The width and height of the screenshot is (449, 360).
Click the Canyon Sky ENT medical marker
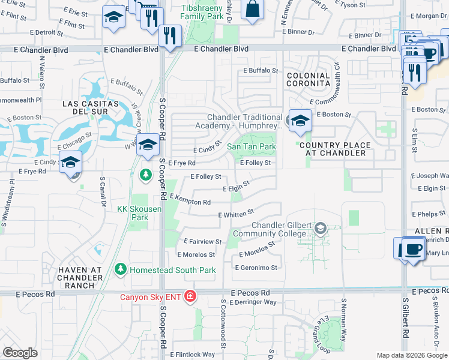pos(190,296)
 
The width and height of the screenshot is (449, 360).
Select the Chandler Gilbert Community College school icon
pos(321,228)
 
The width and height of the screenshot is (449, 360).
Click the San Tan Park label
pos(252,146)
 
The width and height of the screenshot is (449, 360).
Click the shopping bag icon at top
pos(252,9)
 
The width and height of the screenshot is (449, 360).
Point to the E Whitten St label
pos(236,214)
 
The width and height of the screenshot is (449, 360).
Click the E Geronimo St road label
pos(257,268)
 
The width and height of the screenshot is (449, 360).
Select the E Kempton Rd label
pos(190,200)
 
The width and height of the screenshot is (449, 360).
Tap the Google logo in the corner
pos(20,353)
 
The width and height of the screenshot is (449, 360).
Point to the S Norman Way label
pos(345,320)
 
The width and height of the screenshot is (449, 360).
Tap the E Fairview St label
pos(202,241)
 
